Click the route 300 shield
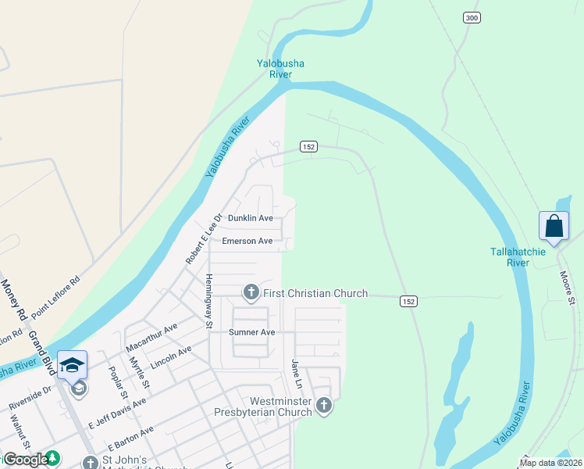(x=471, y=18)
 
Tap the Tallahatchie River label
(x=521, y=257)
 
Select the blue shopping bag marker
(x=554, y=227)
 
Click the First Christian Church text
(x=315, y=293)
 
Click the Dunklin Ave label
(x=250, y=218)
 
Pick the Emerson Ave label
(x=247, y=241)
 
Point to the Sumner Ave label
(x=252, y=332)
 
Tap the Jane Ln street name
(x=296, y=375)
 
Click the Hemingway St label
(x=208, y=300)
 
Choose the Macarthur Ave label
(x=151, y=337)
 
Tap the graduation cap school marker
(x=71, y=366)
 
